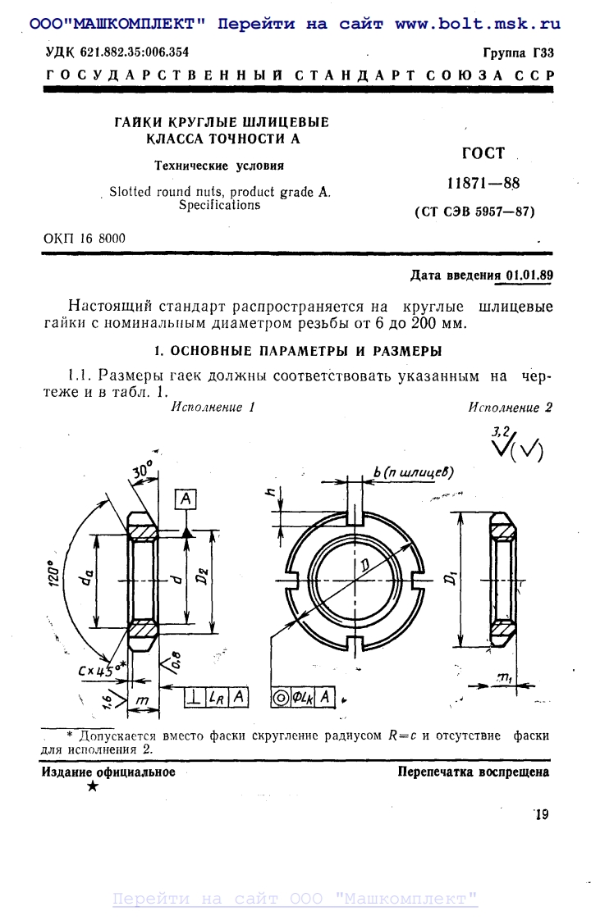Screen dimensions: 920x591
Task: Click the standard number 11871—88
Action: [x=483, y=183]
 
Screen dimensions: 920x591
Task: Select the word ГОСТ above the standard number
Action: [x=483, y=153]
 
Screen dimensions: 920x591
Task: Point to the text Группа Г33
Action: [x=518, y=53]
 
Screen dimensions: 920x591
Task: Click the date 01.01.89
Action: [x=529, y=276]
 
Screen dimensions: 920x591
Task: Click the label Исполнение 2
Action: [x=510, y=408]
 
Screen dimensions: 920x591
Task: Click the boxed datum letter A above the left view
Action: [x=187, y=498]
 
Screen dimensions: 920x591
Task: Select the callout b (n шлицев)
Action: [x=412, y=473]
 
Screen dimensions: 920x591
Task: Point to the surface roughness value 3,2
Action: [x=501, y=431]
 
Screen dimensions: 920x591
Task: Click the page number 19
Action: [x=541, y=814]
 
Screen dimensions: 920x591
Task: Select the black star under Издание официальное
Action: [x=93, y=787]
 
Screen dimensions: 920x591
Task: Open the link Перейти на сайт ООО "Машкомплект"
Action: [x=295, y=900]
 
